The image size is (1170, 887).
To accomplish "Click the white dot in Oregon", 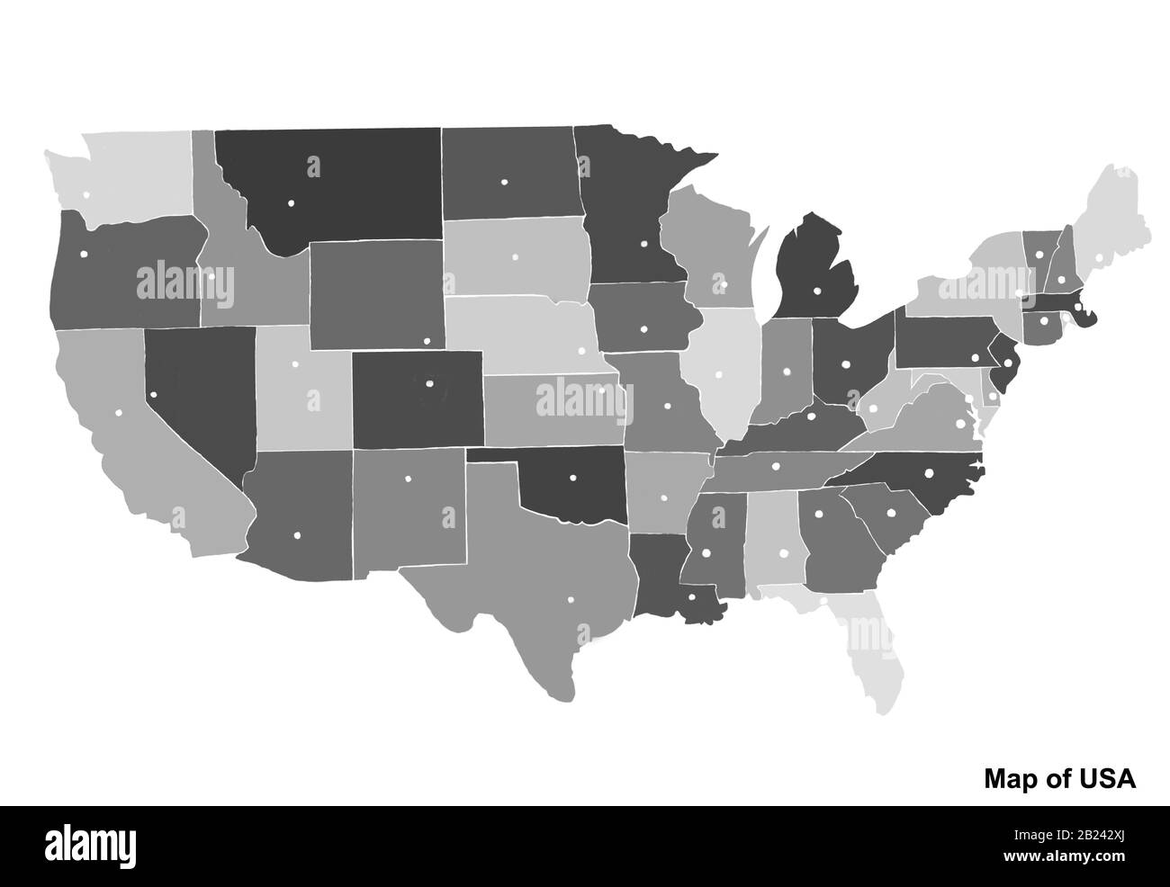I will click(84, 254).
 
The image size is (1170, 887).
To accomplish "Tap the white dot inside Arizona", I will click(296, 535).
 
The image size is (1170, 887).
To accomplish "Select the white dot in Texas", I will click(570, 600).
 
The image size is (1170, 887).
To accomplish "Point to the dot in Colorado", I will click(429, 383).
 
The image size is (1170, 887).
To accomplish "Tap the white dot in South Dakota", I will click(515, 257).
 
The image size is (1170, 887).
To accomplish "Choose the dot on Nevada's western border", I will click(153, 393).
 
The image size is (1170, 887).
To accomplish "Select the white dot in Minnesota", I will click(643, 243).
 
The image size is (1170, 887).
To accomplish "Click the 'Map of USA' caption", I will click(1059, 778).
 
